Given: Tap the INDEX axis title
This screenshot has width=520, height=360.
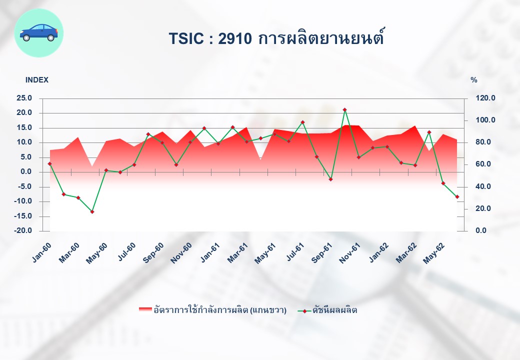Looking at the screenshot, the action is tap(37, 80).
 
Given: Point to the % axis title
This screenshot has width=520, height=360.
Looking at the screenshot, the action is tap(474, 80).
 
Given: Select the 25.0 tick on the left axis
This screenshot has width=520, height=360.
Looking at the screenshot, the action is tap(24, 98).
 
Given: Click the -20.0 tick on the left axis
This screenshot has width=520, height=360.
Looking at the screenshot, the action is tap(23, 230).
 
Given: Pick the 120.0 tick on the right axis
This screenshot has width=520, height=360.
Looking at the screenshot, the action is tap(485, 98).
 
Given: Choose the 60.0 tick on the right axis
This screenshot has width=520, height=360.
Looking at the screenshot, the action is tap(483, 164).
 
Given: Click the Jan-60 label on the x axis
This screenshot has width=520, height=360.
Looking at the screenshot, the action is tap(42, 252).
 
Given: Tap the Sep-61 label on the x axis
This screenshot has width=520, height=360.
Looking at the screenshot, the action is tap(322, 252).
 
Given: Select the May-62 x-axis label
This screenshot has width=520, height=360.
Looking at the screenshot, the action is tap(434, 253).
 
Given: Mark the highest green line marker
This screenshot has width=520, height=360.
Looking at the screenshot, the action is tap(344, 109).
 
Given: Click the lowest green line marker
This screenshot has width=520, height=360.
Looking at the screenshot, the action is tap(92, 211).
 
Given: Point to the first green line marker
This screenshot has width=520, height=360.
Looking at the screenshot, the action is tap(49, 164).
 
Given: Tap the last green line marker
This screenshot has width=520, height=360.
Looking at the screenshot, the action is tap(457, 197).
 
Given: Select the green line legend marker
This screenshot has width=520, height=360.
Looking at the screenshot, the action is tap(304, 311).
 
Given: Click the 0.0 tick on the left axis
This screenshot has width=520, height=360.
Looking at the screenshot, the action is tap(26, 171).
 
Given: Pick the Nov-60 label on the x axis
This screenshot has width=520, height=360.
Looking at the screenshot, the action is tap(181, 253).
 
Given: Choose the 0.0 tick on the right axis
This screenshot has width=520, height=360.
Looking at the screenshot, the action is tap(481, 230).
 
